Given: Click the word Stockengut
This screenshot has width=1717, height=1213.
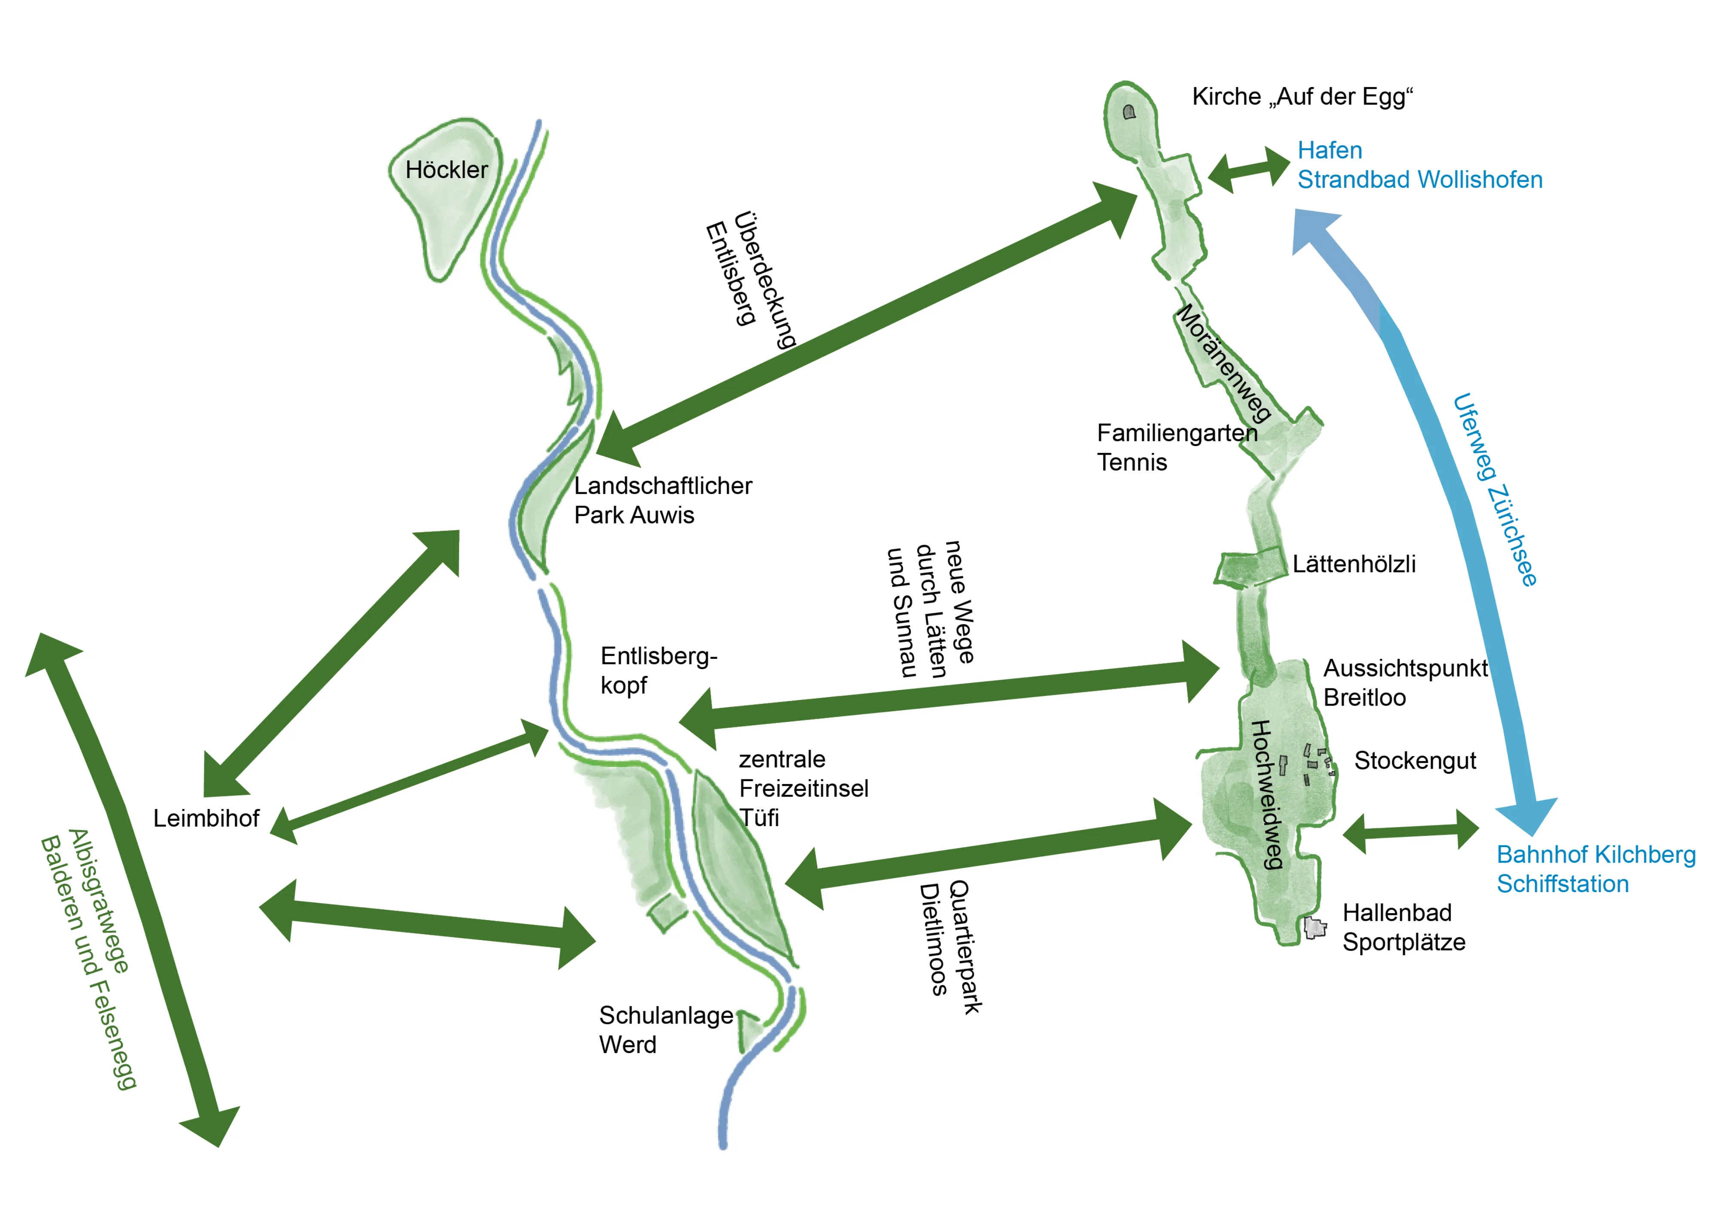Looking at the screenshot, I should (1415, 761).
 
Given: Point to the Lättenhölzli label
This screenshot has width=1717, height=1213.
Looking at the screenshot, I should (1353, 564).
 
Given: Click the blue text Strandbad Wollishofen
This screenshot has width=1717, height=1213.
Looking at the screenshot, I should (1420, 180).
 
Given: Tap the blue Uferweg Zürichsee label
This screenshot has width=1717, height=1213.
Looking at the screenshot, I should (1494, 489).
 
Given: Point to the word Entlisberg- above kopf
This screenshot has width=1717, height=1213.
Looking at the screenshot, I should (658, 656).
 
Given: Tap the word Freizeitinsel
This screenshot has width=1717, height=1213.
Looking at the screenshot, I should (803, 788).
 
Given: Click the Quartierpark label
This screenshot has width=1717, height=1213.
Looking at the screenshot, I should (965, 947).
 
